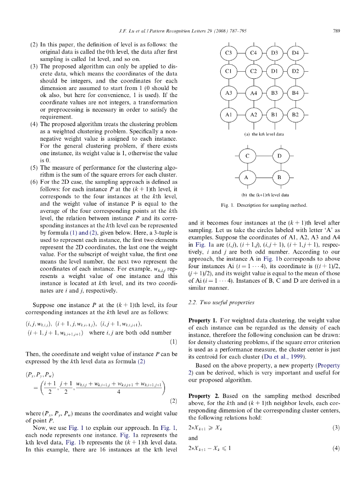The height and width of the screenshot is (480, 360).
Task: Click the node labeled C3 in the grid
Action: click(x=229, y=53)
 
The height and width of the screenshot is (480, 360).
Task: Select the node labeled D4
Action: click(x=295, y=53)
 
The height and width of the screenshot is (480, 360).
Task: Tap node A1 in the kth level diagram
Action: click(x=229, y=114)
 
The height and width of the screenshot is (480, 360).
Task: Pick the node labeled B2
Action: click(x=295, y=114)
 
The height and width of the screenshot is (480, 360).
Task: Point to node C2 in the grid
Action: click(x=254, y=71)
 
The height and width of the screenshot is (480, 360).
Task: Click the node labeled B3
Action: click(x=275, y=93)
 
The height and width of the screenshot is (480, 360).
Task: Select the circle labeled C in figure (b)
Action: click(x=247, y=155)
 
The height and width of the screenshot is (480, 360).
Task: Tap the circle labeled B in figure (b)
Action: click(x=279, y=178)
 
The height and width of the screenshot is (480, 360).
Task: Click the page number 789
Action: click(x=336, y=31)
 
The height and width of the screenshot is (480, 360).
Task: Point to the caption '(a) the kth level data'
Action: click(x=264, y=134)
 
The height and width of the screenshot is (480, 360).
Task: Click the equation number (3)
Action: click(x=336, y=427)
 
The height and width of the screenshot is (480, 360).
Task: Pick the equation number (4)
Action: click(x=336, y=448)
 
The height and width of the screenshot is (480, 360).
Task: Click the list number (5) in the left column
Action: click(x=34, y=167)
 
